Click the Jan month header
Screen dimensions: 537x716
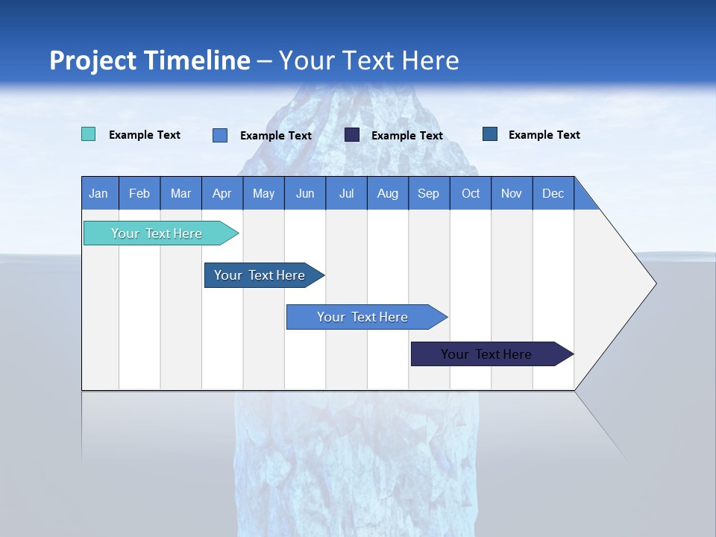pyautogui.click(x=99, y=193)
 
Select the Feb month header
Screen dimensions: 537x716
pyautogui.click(x=139, y=193)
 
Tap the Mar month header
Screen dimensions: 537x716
pyautogui.click(x=180, y=193)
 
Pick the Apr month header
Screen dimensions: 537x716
pyautogui.click(x=222, y=193)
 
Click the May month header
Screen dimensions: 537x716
pyautogui.click(x=263, y=193)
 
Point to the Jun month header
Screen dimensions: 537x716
pyautogui.click(x=305, y=193)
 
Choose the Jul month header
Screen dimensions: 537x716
pyautogui.click(x=346, y=193)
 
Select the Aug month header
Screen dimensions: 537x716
pyautogui.click(x=388, y=193)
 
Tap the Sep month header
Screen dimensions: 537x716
pyautogui.click(x=429, y=193)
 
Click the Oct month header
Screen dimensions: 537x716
pyautogui.click(x=471, y=193)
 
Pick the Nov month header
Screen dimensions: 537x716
pyautogui.click(x=512, y=193)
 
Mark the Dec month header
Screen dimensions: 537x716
pyautogui.click(x=553, y=193)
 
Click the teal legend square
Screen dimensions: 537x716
pyautogui.click(x=88, y=134)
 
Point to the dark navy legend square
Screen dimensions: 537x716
pyautogui.click(x=352, y=134)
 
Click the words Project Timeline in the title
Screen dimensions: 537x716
pyautogui.click(x=150, y=60)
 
